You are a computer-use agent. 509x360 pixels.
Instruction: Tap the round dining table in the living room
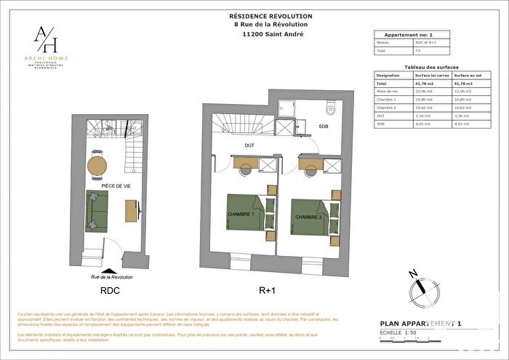(x=96, y=164)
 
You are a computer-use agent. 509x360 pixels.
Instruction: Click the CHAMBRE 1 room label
(x=241, y=215)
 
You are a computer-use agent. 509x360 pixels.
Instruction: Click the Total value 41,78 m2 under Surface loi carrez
(x=425, y=84)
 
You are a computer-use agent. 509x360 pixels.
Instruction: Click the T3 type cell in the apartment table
(x=418, y=51)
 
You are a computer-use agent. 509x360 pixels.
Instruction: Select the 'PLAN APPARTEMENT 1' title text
(x=420, y=322)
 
